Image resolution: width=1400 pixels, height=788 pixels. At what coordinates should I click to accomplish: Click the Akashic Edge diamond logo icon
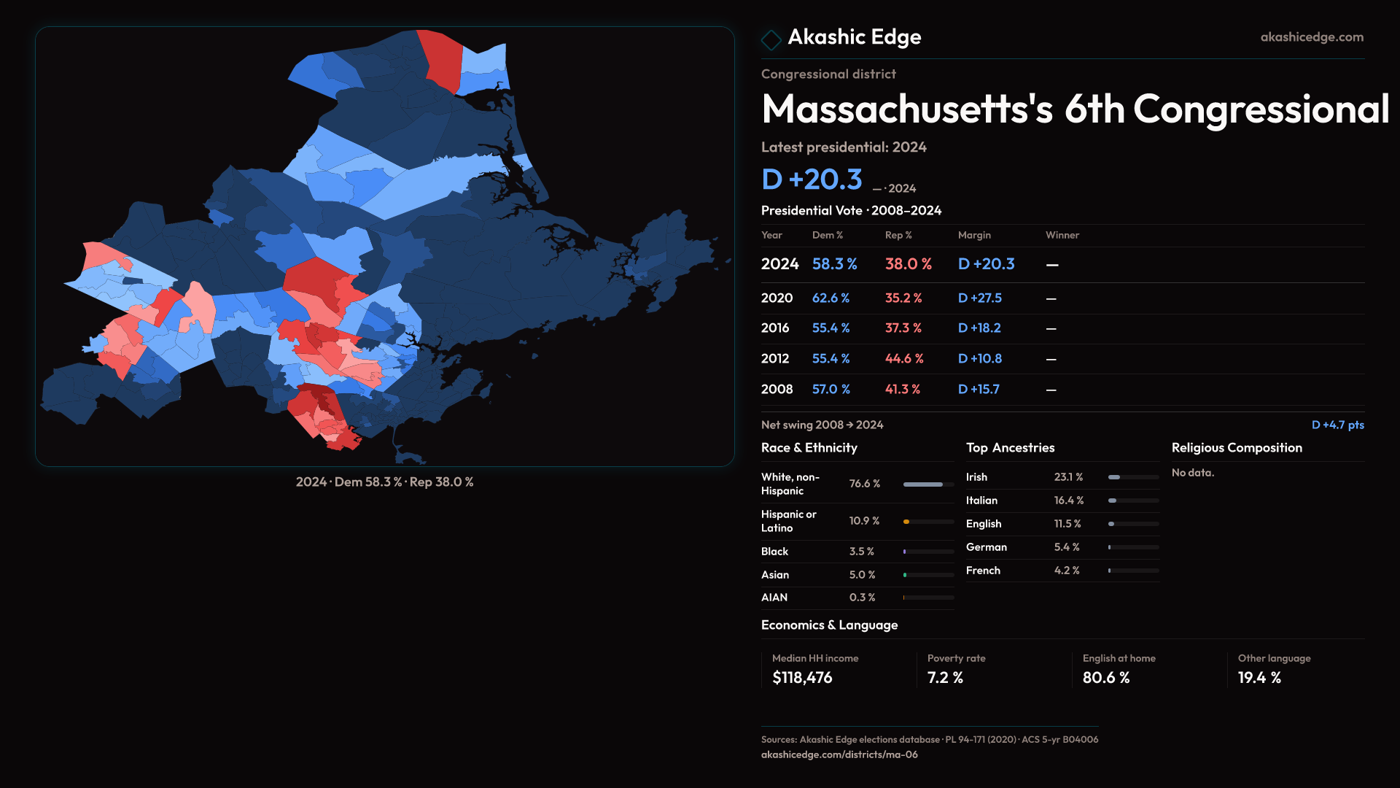[771, 39]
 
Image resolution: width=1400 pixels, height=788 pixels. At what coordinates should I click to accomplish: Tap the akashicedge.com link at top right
[1311, 37]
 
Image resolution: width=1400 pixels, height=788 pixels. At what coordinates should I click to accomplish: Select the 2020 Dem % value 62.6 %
[831, 298]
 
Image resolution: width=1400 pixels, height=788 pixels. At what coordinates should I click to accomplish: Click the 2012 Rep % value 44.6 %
[903, 359]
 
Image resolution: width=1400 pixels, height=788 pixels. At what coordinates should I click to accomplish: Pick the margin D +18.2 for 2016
[979, 328]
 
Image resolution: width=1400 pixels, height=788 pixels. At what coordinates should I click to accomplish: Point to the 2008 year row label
[777, 390]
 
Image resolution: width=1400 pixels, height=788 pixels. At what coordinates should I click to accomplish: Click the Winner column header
[1062, 235]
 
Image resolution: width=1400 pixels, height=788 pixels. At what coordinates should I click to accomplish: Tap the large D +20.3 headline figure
[812, 179]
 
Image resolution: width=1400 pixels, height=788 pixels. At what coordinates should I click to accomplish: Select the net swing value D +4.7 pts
[1337, 425]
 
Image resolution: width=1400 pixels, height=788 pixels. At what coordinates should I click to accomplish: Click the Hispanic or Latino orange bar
[906, 522]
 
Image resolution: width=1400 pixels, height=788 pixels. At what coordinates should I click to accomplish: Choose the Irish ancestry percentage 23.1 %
[1068, 477]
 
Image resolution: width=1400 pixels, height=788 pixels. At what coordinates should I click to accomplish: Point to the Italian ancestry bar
[1113, 501]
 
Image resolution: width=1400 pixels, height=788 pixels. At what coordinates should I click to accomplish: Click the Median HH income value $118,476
[802, 678]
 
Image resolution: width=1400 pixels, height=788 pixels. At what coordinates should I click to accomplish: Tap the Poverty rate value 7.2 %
[945, 678]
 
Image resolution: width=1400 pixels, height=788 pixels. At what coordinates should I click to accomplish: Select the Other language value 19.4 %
[1259, 678]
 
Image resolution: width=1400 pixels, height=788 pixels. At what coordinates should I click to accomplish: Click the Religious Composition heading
[1237, 448]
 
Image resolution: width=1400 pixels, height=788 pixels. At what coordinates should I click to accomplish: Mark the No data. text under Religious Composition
[1193, 473]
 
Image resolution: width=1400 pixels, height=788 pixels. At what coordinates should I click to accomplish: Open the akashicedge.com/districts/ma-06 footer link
[839, 754]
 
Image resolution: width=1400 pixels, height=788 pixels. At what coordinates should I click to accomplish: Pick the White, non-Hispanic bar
[923, 484]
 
